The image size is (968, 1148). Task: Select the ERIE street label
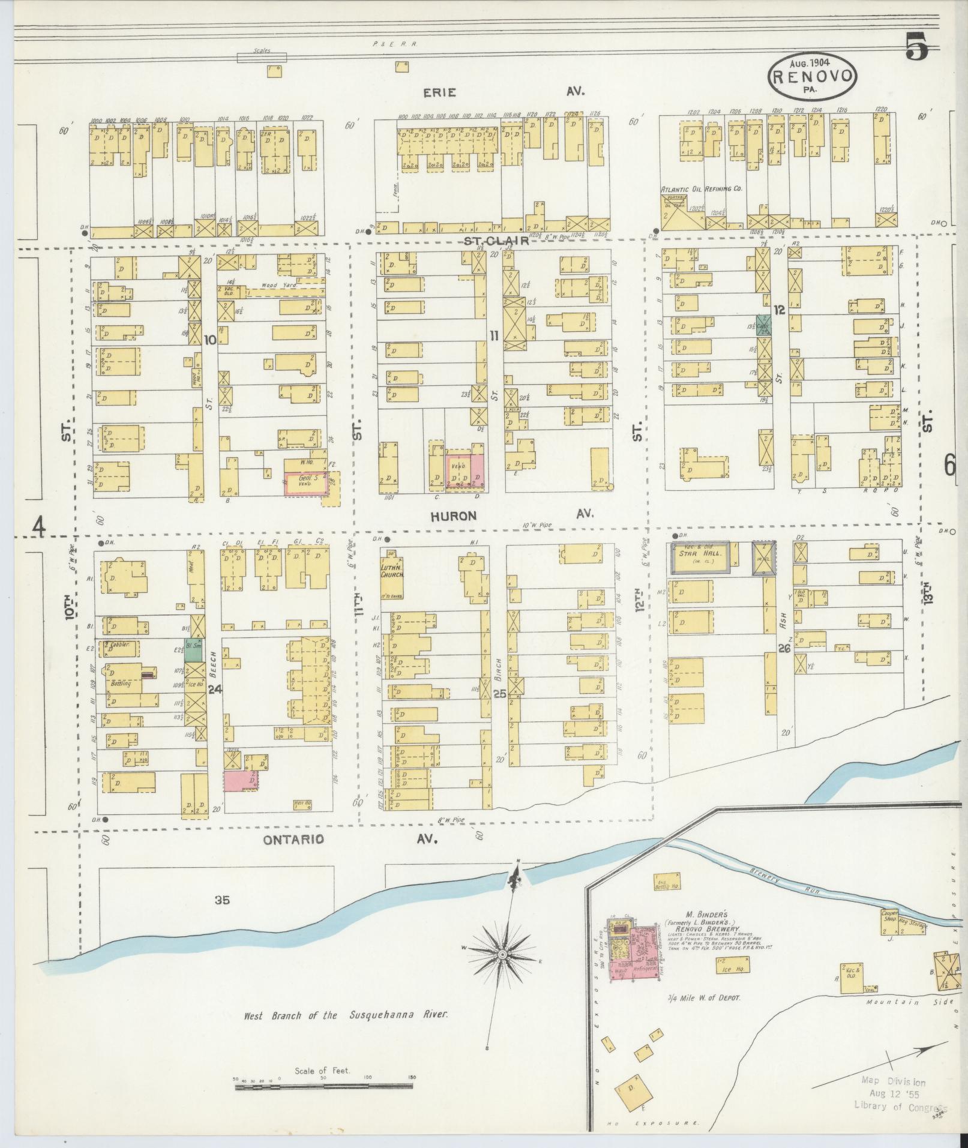[x=440, y=92]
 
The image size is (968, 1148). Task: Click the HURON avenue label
[x=454, y=516]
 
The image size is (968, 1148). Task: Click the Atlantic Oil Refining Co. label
[x=701, y=188]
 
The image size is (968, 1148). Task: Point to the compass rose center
[x=503, y=954]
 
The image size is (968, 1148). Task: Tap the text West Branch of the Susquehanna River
[x=346, y=1015]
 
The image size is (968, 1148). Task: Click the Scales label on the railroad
[x=262, y=51]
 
